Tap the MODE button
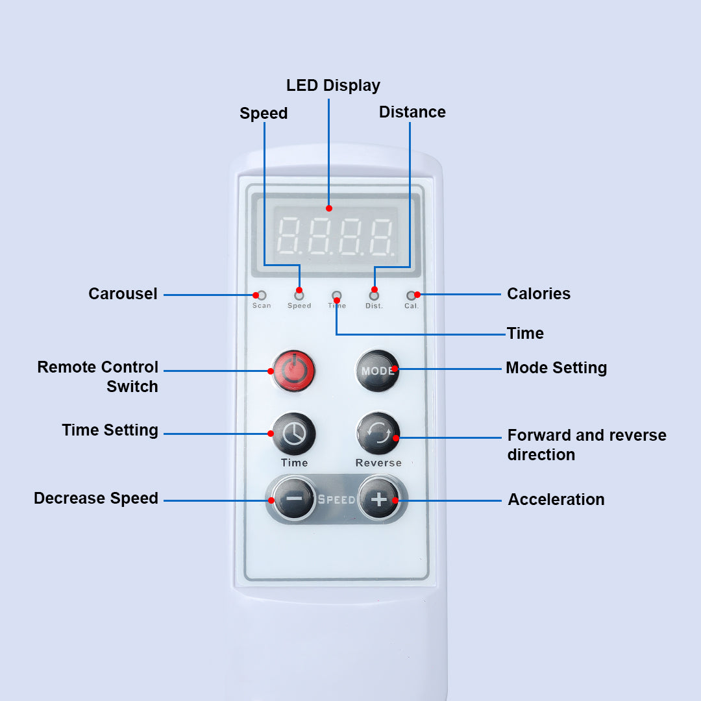point(378,371)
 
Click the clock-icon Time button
point(294,434)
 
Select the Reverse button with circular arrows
point(378,434)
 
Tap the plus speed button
point(378,499)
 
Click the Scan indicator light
point(262,295)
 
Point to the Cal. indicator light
point(411,296)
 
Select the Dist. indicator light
point(374,296)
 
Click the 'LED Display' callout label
point(333,85)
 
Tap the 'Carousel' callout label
point(123,293)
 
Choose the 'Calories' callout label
point(539,293)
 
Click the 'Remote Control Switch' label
point(98,376)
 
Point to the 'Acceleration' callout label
point(556,499)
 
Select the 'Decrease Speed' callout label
point(96,498)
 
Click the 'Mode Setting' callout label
point(556,367)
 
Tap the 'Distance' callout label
point(412,112)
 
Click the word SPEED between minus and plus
point(336,500)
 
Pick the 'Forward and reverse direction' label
point(587,445)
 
